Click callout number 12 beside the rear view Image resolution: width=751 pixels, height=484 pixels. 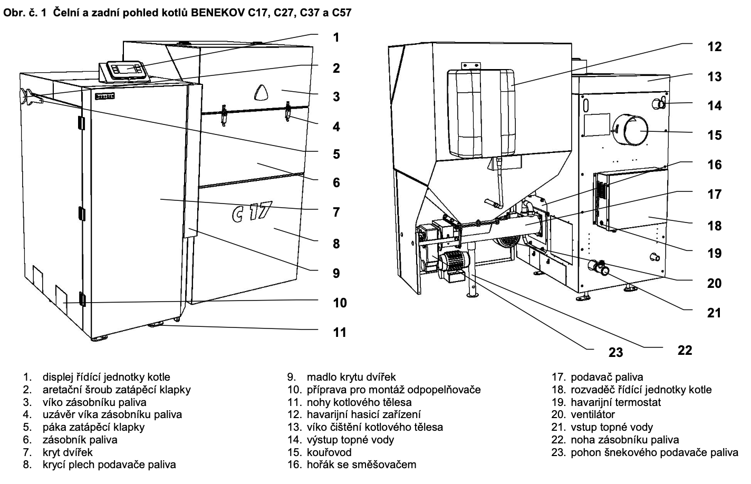[715, 46]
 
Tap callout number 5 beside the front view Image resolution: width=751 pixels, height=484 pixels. [336, 154]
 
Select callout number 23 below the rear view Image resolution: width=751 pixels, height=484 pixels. [615, 352]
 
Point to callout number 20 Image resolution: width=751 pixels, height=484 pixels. [715, 283]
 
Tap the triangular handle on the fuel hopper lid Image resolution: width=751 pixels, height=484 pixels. [262, 92]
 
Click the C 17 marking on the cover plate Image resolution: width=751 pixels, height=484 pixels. [252, 212]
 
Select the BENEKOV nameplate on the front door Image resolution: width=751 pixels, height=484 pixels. [105, 96]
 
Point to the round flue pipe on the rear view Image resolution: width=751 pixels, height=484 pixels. [630, 130]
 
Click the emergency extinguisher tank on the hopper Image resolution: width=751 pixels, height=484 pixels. [482, 113]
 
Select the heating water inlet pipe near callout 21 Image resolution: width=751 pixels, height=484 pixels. [598, 267]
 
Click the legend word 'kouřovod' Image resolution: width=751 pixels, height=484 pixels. [329, 452]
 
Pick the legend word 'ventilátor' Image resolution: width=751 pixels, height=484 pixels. [593, 414]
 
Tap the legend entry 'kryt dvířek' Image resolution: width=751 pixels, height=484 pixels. [68, 452]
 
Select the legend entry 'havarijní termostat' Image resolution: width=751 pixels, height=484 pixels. [616, 402]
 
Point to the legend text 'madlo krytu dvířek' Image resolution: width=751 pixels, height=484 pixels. [351, 377]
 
